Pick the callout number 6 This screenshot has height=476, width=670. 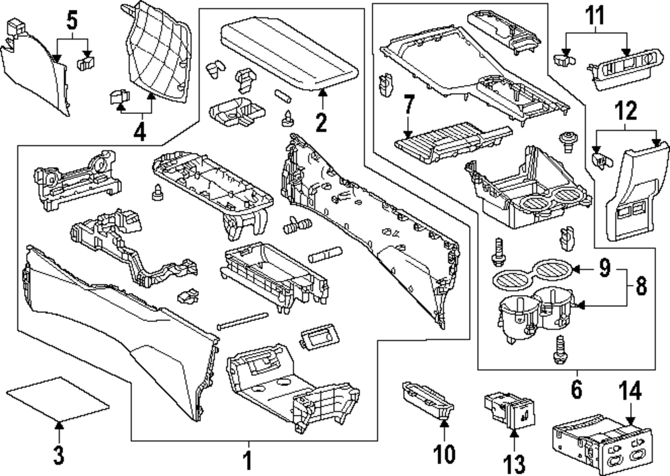576,389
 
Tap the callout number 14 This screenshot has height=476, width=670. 629,391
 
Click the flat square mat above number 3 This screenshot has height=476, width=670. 56,398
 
